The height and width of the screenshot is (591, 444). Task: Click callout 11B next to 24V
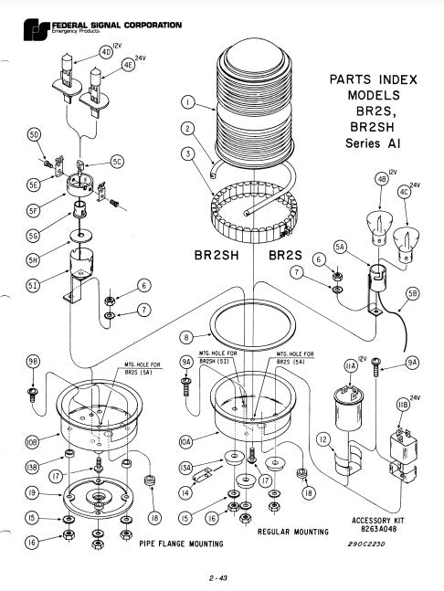pos(401,405)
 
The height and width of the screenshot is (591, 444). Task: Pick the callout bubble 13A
pos(188,470)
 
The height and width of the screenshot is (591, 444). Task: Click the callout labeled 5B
pos(412,294)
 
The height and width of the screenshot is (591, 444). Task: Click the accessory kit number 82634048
pos(377,529)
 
